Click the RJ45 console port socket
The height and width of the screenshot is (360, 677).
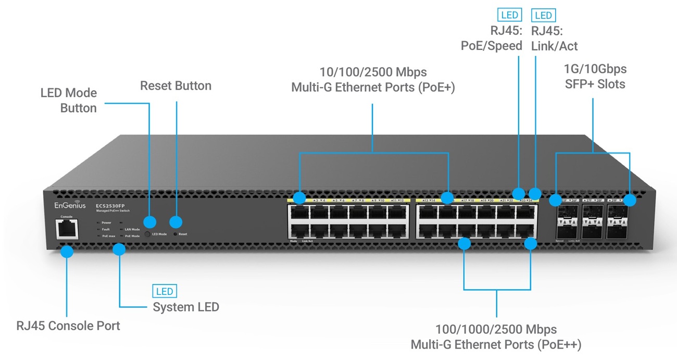[x=66, y=228]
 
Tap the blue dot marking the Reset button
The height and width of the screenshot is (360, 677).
[x=176, y=222]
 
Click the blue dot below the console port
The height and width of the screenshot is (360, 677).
[x=66, y=252]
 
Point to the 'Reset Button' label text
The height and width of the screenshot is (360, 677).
[x=175, y=86]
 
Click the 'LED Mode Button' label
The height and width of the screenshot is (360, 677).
[x=69, y=101]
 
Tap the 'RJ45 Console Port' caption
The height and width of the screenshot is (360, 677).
[x=68, y=326]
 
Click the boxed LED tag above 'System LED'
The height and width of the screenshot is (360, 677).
[x=164, y=291]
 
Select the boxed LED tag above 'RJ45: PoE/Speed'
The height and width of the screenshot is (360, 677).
[x=509, y=15]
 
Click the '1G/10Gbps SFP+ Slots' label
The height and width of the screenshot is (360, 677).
[x=595, y=76]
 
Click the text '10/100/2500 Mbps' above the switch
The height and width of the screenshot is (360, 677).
[x=373, y=71]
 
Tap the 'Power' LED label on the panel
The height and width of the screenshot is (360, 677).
[x=106, y=222]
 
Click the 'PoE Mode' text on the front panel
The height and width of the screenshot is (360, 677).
[x=132, y=236]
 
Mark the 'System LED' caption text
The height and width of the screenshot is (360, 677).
[x=185, y=307]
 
